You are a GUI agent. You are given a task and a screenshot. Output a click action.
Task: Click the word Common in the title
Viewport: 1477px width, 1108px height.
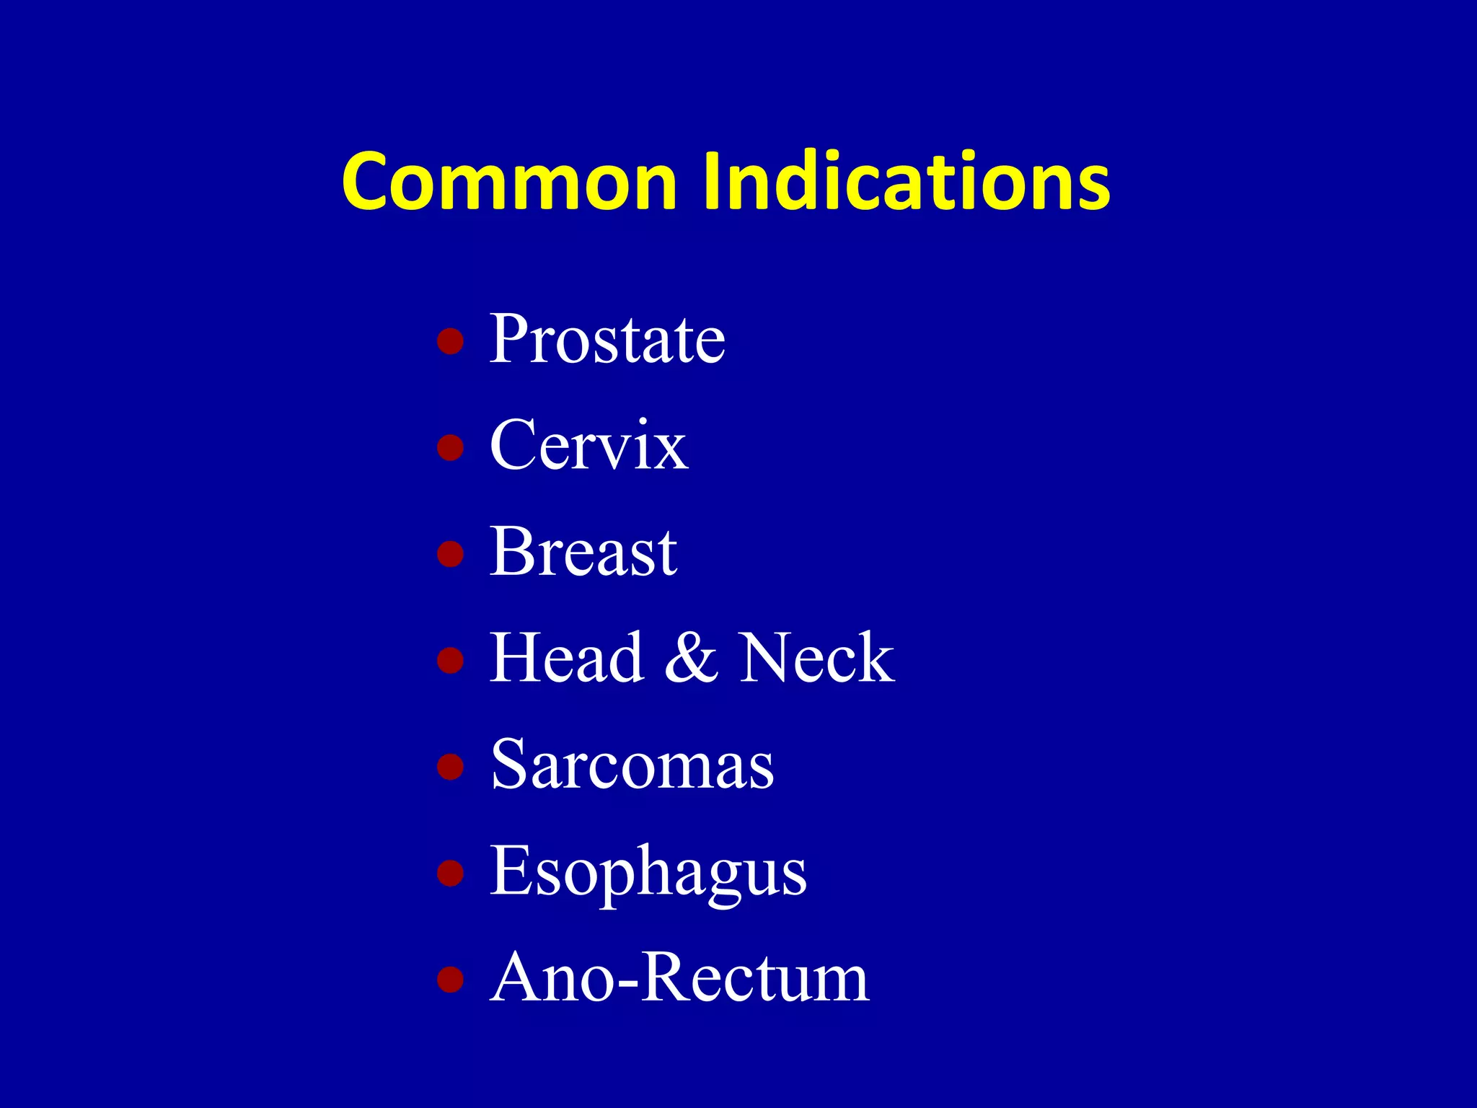coord(509,182)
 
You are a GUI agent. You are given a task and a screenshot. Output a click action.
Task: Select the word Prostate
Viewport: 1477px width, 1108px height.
coord(607,339)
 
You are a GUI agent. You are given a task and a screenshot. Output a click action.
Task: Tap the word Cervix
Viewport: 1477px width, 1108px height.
coord(588,446)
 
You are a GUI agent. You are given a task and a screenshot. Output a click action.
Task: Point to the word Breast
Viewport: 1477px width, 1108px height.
coord(583,553)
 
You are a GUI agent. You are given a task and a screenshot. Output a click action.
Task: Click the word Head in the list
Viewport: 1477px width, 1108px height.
coord(567,658)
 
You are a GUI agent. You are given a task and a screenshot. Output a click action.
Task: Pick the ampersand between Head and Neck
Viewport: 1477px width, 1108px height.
coord(691,658)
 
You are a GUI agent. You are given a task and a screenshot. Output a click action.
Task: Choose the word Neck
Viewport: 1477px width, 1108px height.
coord(816,658)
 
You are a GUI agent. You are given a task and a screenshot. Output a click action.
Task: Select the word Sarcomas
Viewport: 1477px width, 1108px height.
coord(632,765)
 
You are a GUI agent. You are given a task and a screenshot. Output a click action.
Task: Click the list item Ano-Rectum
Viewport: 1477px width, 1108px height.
coord(679,978)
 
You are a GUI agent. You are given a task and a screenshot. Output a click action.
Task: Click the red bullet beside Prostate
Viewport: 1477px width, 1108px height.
coord(450,341)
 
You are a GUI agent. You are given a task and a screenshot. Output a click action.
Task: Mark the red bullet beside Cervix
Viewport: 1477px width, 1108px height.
coord(450,447)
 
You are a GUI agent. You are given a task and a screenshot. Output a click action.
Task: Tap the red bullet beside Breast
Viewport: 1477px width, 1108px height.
coord(450,554)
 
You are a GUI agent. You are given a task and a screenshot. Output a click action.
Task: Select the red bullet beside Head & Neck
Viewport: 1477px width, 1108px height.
coord(450,660)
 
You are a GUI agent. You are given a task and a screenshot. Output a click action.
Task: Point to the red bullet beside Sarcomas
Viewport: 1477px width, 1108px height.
coord(450,767)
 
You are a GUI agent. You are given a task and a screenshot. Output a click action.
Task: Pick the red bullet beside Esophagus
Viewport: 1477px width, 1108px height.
coord(450,873)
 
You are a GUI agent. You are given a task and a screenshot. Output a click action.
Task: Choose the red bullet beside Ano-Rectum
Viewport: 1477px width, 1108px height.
coord(450,979)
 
